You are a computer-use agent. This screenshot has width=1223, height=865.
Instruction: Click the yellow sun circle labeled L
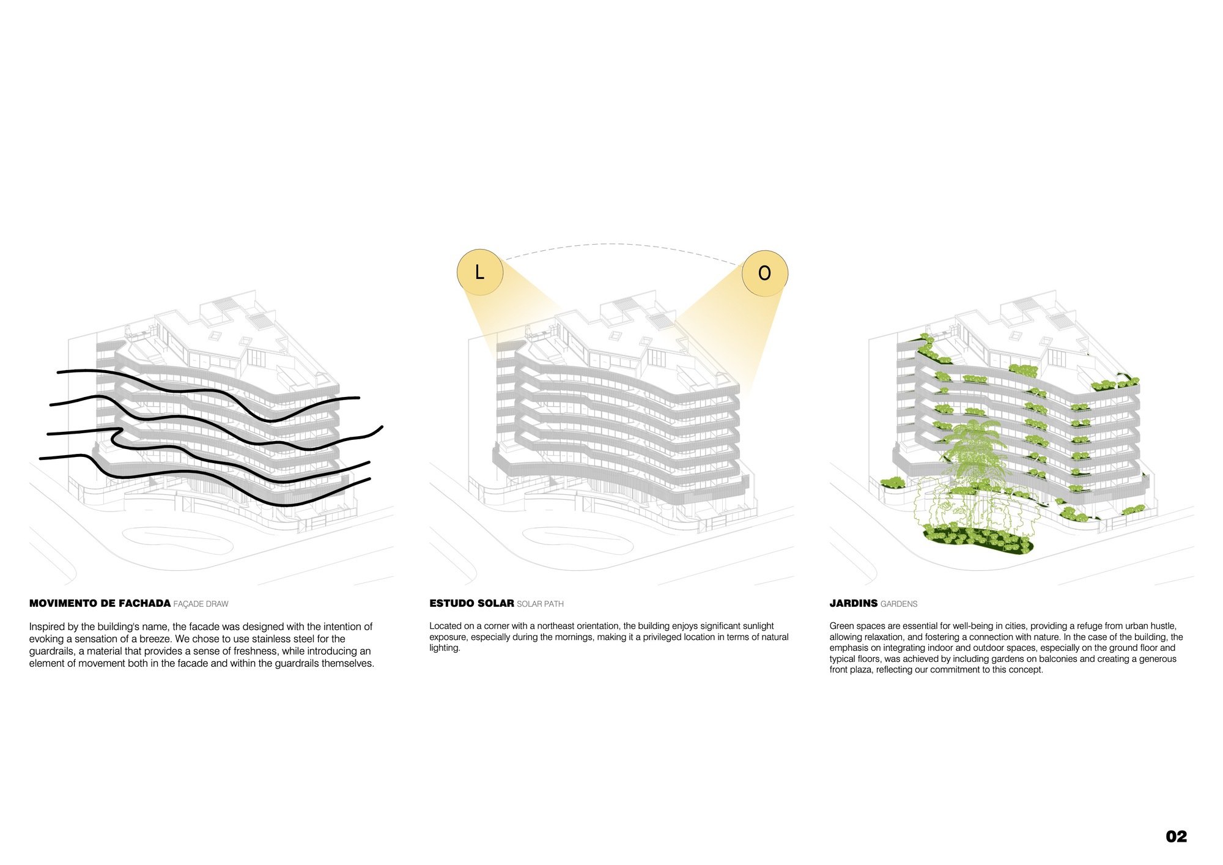click(480, 272)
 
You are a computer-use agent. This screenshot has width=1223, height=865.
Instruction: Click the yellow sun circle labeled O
click(764, 273)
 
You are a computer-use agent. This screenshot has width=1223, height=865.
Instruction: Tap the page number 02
click(1176, 836)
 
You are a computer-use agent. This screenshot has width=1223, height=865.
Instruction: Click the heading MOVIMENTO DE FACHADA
click(100, 603)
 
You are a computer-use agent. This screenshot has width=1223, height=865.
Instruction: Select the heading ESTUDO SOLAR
click(471, 603)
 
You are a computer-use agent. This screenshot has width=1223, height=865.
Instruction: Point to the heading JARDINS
click(854, 603)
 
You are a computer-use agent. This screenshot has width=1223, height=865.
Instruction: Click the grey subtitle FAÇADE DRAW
click(201, 604)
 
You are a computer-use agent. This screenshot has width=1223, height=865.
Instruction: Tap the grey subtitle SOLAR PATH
click(540, 604)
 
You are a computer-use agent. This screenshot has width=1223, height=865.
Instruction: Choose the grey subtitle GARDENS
click(899, 604)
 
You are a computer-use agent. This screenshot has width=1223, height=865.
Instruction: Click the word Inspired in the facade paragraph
click(46, 627)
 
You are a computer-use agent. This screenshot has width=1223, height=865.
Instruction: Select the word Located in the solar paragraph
click(445, 626)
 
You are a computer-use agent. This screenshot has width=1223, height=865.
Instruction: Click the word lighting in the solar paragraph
click(445, 648)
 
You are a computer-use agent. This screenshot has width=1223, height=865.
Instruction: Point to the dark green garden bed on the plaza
click(978, 539)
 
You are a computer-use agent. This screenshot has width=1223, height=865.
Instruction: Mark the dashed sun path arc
click(621, 245)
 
